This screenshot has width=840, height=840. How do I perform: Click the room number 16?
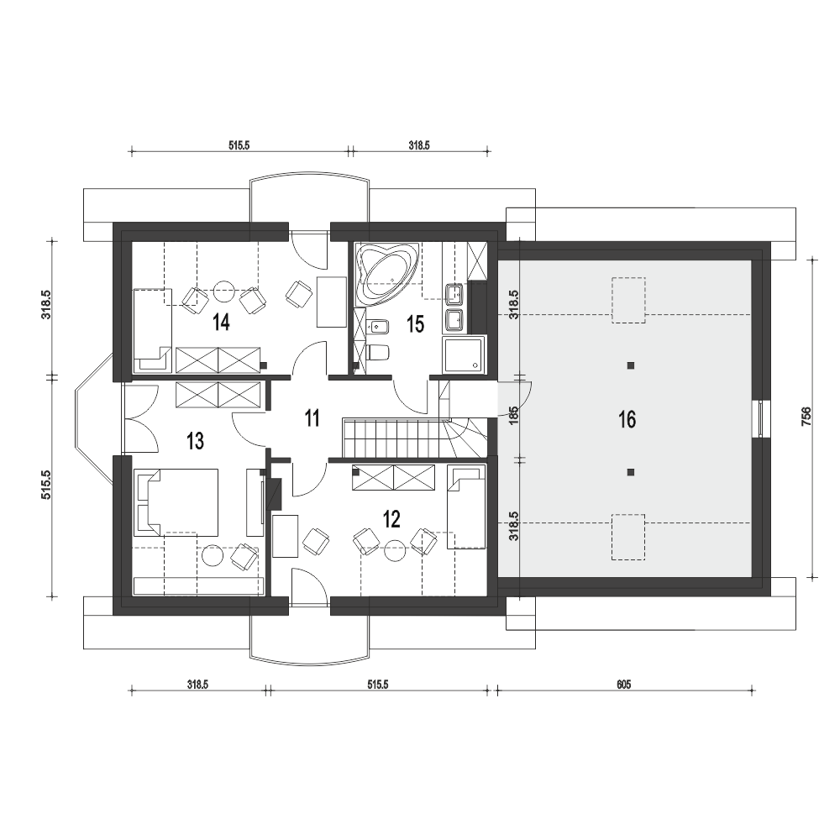[627, 419]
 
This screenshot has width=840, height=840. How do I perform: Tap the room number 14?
[221, 323]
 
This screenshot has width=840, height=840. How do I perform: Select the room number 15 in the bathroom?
[415, 324]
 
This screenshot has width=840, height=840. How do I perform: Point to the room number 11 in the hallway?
[312, 417]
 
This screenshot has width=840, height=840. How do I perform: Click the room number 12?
[391, 518]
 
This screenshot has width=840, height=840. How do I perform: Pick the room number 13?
[195, 441]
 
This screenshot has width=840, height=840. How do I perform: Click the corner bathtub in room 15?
[386, 275]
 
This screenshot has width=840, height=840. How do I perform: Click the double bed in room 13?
[176, 502]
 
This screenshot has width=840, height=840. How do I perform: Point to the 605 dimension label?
[623, 684]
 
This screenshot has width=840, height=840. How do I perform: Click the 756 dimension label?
[806, 417]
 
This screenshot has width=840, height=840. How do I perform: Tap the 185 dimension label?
[514, 417]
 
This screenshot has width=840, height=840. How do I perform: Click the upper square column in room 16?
[631, 366]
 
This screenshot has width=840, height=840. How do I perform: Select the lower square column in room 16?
[631, 472]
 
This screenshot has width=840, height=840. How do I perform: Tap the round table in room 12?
[396, 550]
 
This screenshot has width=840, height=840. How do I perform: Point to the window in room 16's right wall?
[761, 419]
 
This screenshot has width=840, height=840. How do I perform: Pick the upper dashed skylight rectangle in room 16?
[628, 300]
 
